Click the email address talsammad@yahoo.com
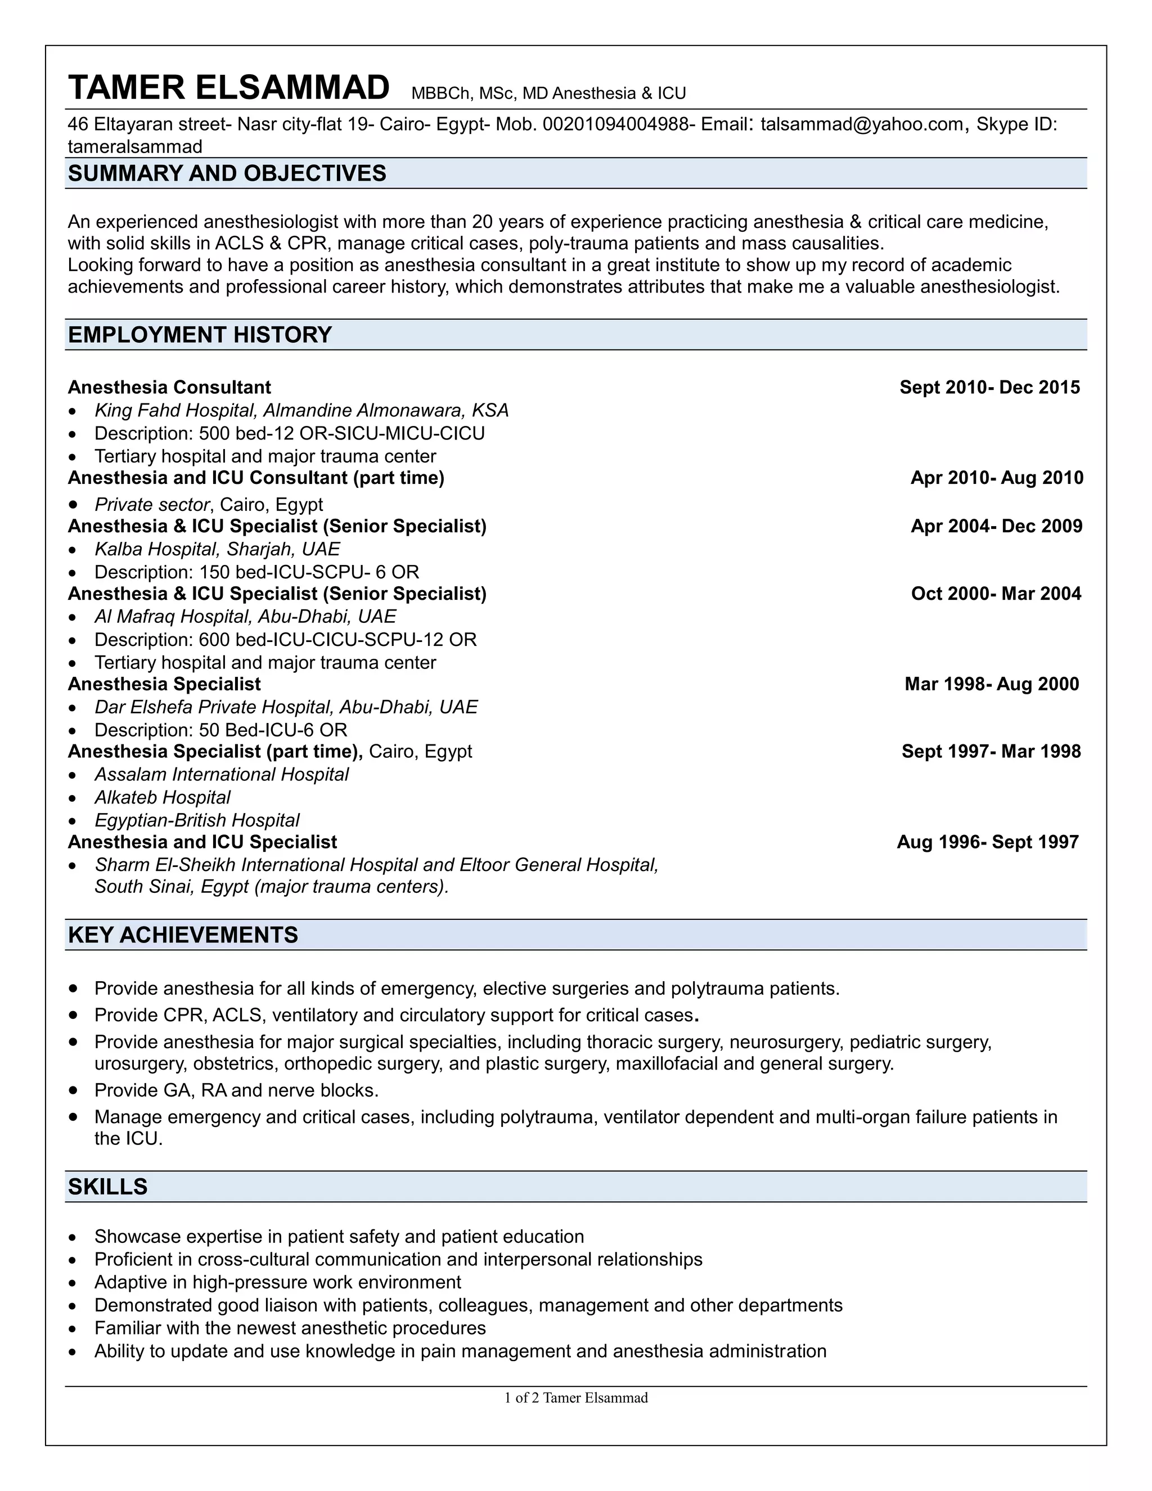tap(861, 124)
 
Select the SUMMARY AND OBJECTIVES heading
tap(227, 173)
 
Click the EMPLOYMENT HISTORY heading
tap(200, 335)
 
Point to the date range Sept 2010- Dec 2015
tap(989, 387)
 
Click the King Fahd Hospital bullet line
tap(301, 410)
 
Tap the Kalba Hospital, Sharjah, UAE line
tap(217, 549)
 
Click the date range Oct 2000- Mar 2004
tap(996, 593)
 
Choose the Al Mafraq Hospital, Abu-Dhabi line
tap(245, 617)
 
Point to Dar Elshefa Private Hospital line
tap(286, 707)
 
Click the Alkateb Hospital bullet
tap(163, 797)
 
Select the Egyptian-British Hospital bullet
tap(196, 820)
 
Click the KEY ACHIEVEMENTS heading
tap(183, 935)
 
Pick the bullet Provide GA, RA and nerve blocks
tap(236, 1090)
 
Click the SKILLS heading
tap(108, 1187)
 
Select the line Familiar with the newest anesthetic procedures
tap(290, 1328)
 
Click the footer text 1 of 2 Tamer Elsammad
tap(575, 1398)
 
